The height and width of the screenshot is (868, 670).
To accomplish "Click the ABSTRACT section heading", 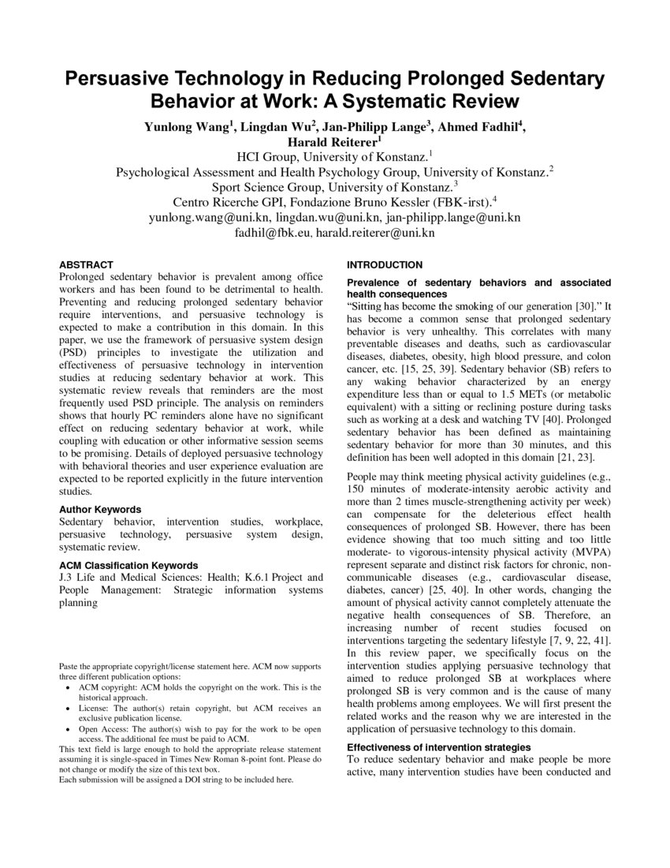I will [x=87, y=264].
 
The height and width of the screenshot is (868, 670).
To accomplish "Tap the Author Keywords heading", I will [x=100, y=510].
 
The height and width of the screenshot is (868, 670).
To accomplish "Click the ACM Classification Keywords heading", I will [x=128, y=565].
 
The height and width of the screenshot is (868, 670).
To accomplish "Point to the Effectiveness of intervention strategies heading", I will [x=439, y=746].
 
